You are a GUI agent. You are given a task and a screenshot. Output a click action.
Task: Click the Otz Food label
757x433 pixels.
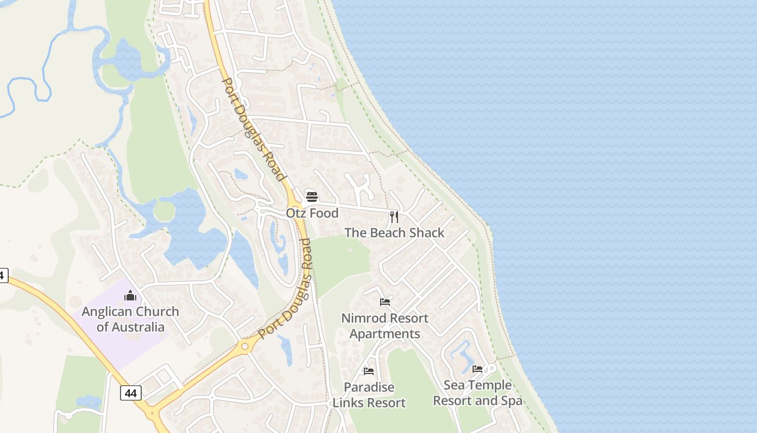pyautogui.click(x=312, y=213)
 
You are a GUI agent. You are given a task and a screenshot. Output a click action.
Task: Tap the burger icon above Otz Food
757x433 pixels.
pyautogui.click(x=311, y=196)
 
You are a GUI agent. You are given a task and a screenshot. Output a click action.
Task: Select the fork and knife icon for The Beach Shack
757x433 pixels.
pyautogui.click(x=394, y=217)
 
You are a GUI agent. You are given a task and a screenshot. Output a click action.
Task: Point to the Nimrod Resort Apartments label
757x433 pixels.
pyautogui.click(x=384, y=326)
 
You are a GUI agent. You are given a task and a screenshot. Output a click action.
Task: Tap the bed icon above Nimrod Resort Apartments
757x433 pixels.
pyautogui.click(x=385, y=301)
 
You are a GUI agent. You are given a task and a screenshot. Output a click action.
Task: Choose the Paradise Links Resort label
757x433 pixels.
pyautogui.click(x=369, y=395)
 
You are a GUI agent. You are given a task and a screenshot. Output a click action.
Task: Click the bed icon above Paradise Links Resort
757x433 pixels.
pyautogui.click(x=369, y=371)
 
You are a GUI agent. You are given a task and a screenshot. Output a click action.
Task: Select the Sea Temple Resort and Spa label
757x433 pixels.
pyautogui.click(x=477, y=393)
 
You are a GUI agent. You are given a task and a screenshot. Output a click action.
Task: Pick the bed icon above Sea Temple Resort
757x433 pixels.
pyautogui.click(x=477, y=369)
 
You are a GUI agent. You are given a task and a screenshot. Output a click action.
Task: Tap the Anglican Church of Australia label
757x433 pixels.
pyautogui.click(x=130, y=319)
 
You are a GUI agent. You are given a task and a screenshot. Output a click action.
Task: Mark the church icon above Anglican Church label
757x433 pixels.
pyautogui.click(x=130, y=296)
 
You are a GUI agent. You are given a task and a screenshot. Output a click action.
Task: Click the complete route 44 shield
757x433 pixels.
pyautogui.click(x=130, y=393)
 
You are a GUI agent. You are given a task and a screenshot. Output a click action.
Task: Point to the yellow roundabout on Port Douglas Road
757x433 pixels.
pyautogui.click(x=245, y=346)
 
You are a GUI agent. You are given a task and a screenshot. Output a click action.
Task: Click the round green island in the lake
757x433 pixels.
pyautogui.click(x=164, y=211)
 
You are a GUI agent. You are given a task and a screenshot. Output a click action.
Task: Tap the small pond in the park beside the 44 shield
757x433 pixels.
pyautogui.click(x=89, y=402)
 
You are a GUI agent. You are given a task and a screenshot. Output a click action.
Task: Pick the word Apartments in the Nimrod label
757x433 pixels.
pyautogui.click(x=384, y=333)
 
